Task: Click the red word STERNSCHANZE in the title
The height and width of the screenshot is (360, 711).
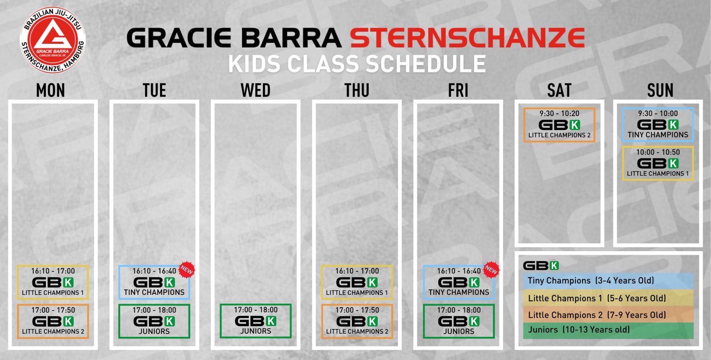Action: tap(467, 38)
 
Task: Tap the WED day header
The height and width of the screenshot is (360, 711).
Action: tap(256, 91)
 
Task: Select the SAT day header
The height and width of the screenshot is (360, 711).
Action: tap(559, 91)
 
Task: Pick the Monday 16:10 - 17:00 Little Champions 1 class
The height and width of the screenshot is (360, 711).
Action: tap(53, 282)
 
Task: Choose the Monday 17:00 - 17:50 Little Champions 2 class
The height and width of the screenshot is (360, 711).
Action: tap(53, 321)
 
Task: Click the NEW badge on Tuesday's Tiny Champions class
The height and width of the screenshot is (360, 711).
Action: tap(187, 270)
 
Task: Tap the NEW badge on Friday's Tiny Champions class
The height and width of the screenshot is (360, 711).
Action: tap(491, 270)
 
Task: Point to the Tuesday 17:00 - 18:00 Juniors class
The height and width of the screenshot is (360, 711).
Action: tap(154, 321)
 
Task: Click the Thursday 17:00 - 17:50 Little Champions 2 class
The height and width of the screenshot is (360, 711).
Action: tap(357, 321)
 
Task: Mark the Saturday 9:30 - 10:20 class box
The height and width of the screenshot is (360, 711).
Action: tap(559, 125)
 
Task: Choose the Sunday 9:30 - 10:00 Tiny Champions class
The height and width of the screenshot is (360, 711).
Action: tap(658, 125)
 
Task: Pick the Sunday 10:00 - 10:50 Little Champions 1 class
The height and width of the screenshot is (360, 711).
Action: tap(658, 164)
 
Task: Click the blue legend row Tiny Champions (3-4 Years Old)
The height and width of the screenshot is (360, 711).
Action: tap(608, 281)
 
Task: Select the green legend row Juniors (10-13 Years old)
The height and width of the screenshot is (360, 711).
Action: tap(608, 331)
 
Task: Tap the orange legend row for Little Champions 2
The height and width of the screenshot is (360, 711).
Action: tap(608, 314)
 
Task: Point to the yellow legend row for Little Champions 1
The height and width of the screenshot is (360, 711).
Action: tap(608, 298)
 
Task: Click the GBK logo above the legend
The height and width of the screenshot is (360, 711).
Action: tap(541, 265)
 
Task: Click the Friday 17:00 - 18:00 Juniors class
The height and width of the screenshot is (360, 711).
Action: tap(459, 321)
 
